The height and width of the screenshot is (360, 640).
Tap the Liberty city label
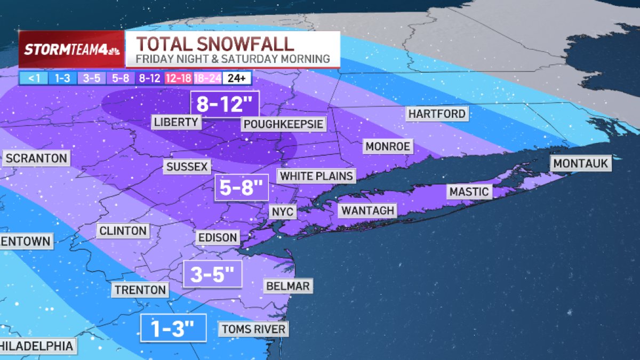[x=176, y=122]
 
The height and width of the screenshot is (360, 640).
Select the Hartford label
[x=437, y=114]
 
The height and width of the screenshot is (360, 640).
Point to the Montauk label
[x=581, y=164]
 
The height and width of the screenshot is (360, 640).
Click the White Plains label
[x=316, y=176]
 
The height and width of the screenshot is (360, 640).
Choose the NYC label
[x=282, y=212]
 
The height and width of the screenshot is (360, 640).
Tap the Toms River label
[x=253, y=329]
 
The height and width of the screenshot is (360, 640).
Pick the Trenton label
[x=140, y=290]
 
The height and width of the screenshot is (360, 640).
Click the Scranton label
[x=36, y=158]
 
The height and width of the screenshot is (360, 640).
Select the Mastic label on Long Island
[x=469, y=191]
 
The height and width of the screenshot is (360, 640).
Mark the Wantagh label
[x=368, y=210]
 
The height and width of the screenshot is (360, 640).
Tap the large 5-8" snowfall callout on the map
[x=242, y=187]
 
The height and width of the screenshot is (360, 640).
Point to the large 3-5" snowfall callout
[x=212, y=275]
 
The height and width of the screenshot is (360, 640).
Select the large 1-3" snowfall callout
[x=173, y=328]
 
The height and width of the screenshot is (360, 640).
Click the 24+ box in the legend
[x=237, y=78]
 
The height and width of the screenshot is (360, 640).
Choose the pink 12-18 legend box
[x=179, y=78]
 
